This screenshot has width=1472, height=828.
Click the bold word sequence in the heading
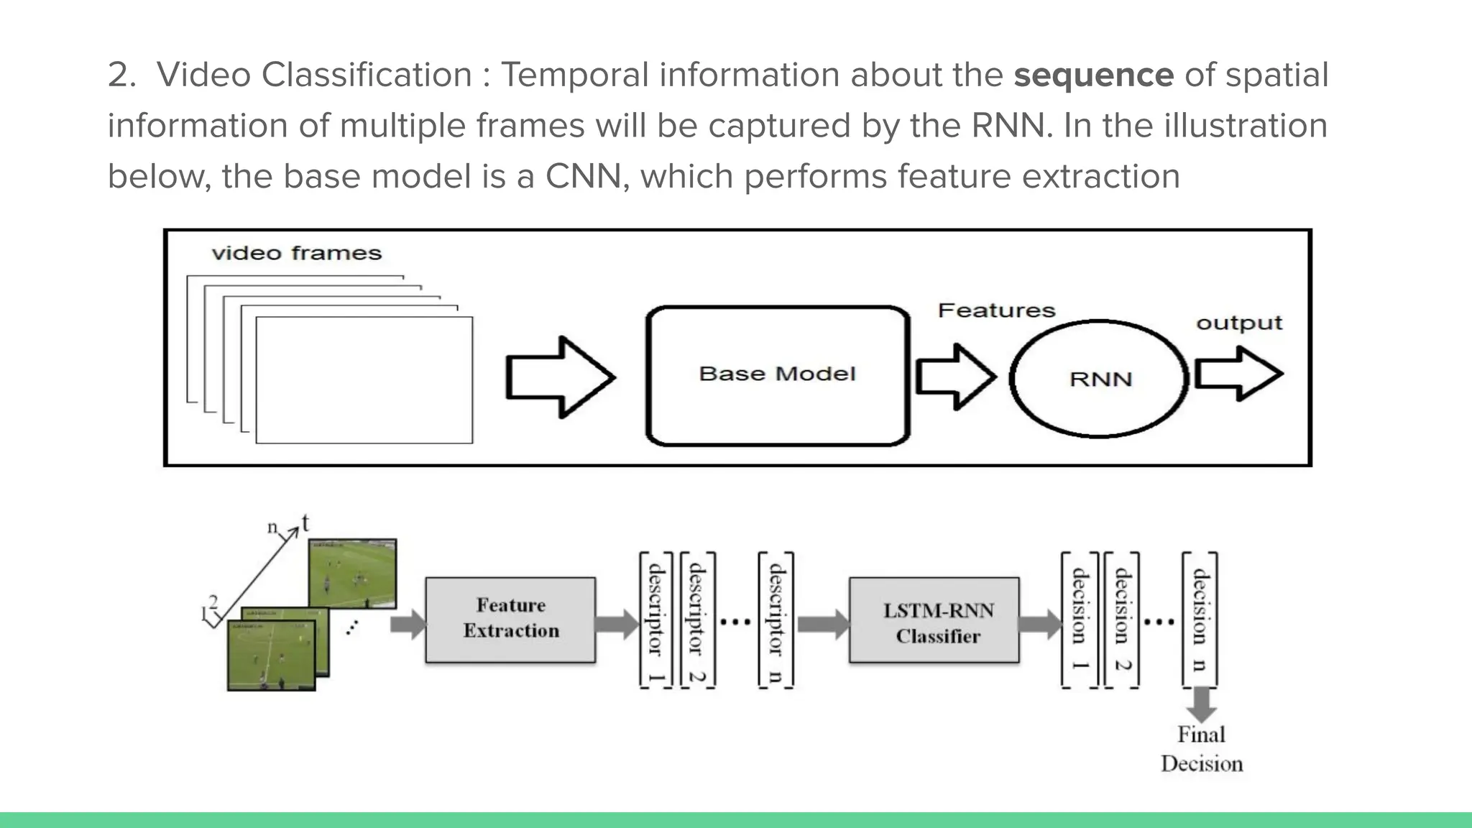pyautogui.click(x=1093, y=75)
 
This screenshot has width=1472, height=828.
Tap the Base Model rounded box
pyautogui.click(x=778, y=376)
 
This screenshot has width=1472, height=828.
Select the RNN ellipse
pyautogui.click(x=1099, y=379)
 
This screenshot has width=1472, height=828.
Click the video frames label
pyautogui.click(x=296, y=254)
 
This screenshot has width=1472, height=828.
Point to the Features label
pyautogui.click(x=996, y=310)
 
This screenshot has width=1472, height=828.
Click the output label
pyautogui.click(x=1238, y=323)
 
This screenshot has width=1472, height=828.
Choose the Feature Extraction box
pyautogui.click(x=510, y=619)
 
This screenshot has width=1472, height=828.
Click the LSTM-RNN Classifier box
pyautogui.click(x=934, y=620)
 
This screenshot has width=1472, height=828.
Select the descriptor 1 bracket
pyautogui.click(x=655, y=620)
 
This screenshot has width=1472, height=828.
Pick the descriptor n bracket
pyautogui.click(x=776, y=620)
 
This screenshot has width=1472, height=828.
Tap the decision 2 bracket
pyautogui.click(x=1121, y=620)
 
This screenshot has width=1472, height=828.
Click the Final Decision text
pyautogui.click(x=1201, y=749)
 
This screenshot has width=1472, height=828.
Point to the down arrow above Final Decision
pyautogui.click(x=1201, y=705)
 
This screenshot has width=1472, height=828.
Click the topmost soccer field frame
pyautogui.click(x=352, y=574)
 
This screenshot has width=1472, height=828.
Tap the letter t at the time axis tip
pyautogui.click(x=305, y=523)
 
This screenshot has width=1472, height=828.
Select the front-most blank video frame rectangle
pyautogui.click(x=364, y=379)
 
